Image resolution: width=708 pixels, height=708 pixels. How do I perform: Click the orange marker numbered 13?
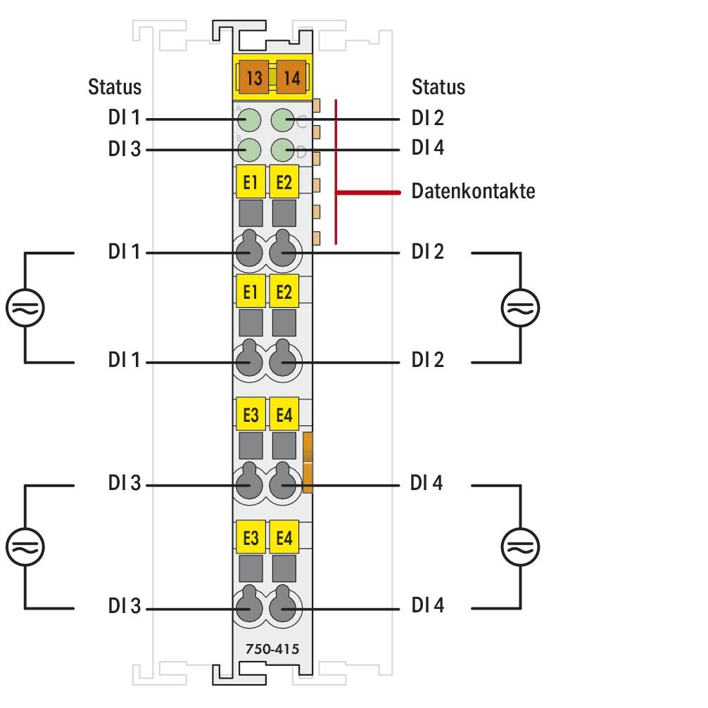click(x=254, y=77)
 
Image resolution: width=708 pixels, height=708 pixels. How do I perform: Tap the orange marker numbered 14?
click(x=291, y=77)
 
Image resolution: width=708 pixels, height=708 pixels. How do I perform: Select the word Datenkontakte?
click(x=473, y=191)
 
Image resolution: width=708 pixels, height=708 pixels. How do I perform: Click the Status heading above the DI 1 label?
click(x=114, y=87)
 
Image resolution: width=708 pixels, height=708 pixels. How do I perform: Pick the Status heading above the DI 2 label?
click(x=438, y=87)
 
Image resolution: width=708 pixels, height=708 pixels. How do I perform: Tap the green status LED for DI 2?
click(x=283, y=120)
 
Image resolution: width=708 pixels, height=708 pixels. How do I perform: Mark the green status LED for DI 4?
click(x=283, y=149)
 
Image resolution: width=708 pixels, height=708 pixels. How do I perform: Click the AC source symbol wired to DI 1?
click(x=25, y=307)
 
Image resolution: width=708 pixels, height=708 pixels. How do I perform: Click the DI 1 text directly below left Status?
click(x=124, y=118)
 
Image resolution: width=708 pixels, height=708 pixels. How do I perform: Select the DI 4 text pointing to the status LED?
click(x=428, y=148)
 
